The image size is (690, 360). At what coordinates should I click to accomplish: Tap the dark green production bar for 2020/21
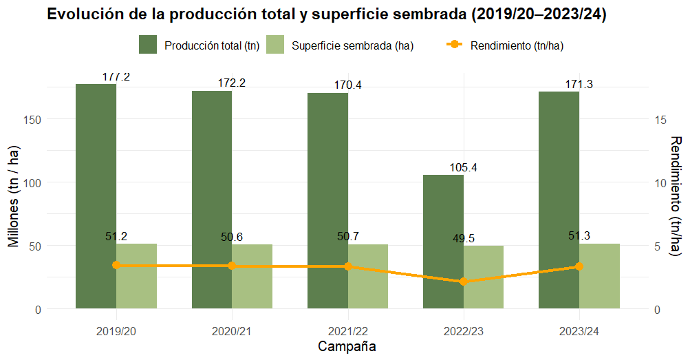(212, 200)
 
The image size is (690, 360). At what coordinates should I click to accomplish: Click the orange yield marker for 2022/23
(464, 282)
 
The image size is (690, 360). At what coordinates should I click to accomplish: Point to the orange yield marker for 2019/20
(116, 265)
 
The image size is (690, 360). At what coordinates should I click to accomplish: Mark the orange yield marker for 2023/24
(579, 266)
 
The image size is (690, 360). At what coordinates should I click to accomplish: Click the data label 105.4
(464, 168)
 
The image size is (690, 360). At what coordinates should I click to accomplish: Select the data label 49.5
(464, 239)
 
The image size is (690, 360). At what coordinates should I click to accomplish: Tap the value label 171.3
(579, 84)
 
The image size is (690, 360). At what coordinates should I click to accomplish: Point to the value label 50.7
(348, 237)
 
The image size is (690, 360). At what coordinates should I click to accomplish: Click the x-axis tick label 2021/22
(348, 331)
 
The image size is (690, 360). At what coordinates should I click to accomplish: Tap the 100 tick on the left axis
(33, 182)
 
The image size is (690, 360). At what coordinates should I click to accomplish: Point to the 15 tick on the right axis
(661, 119)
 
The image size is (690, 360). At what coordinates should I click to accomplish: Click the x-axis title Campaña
(347, 346)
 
